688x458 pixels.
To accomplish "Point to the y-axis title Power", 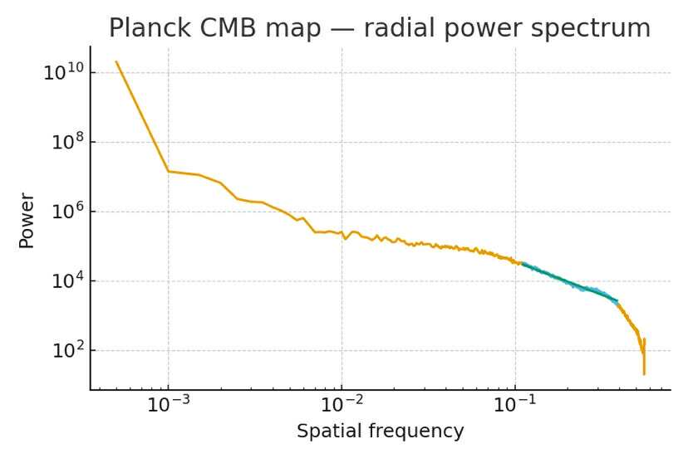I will tap(27, 220).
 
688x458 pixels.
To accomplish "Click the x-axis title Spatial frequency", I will tap(380, 431).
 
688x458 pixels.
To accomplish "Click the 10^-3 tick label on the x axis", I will tap(169, 407).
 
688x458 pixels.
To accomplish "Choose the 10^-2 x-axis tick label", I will tap(342, 407).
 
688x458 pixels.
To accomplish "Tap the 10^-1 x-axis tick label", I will tap(515, 407).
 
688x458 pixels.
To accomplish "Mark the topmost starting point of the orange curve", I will tap(116, 61).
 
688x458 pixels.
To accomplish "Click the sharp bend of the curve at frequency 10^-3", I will tap(169, 171).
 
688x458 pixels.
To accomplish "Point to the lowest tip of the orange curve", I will tap(644, 374).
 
